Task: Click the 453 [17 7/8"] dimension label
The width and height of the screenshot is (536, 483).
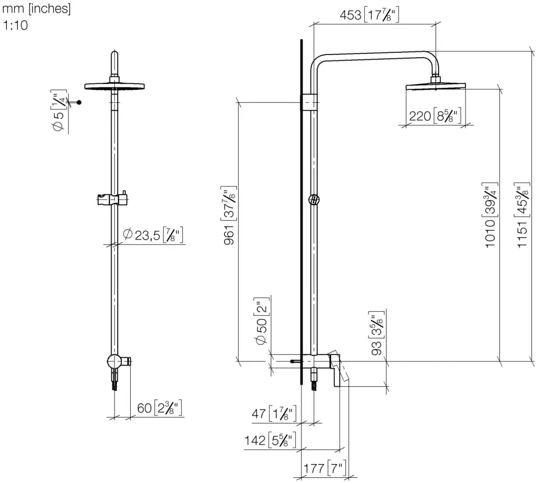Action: [369, 15]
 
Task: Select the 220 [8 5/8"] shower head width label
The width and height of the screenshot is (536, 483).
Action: [434, 116]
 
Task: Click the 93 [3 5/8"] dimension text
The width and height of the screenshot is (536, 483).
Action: [376, 334]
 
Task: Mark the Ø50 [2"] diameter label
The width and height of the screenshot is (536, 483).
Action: [262, 324]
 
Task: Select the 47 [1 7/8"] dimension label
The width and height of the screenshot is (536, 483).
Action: [274, 413]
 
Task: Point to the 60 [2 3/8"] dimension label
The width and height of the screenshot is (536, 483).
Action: [159, 408]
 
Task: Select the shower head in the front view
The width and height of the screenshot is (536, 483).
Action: [114, 86]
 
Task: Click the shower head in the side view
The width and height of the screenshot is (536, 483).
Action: [434, 86]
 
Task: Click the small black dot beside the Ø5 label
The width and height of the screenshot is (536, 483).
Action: [80, 103]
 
